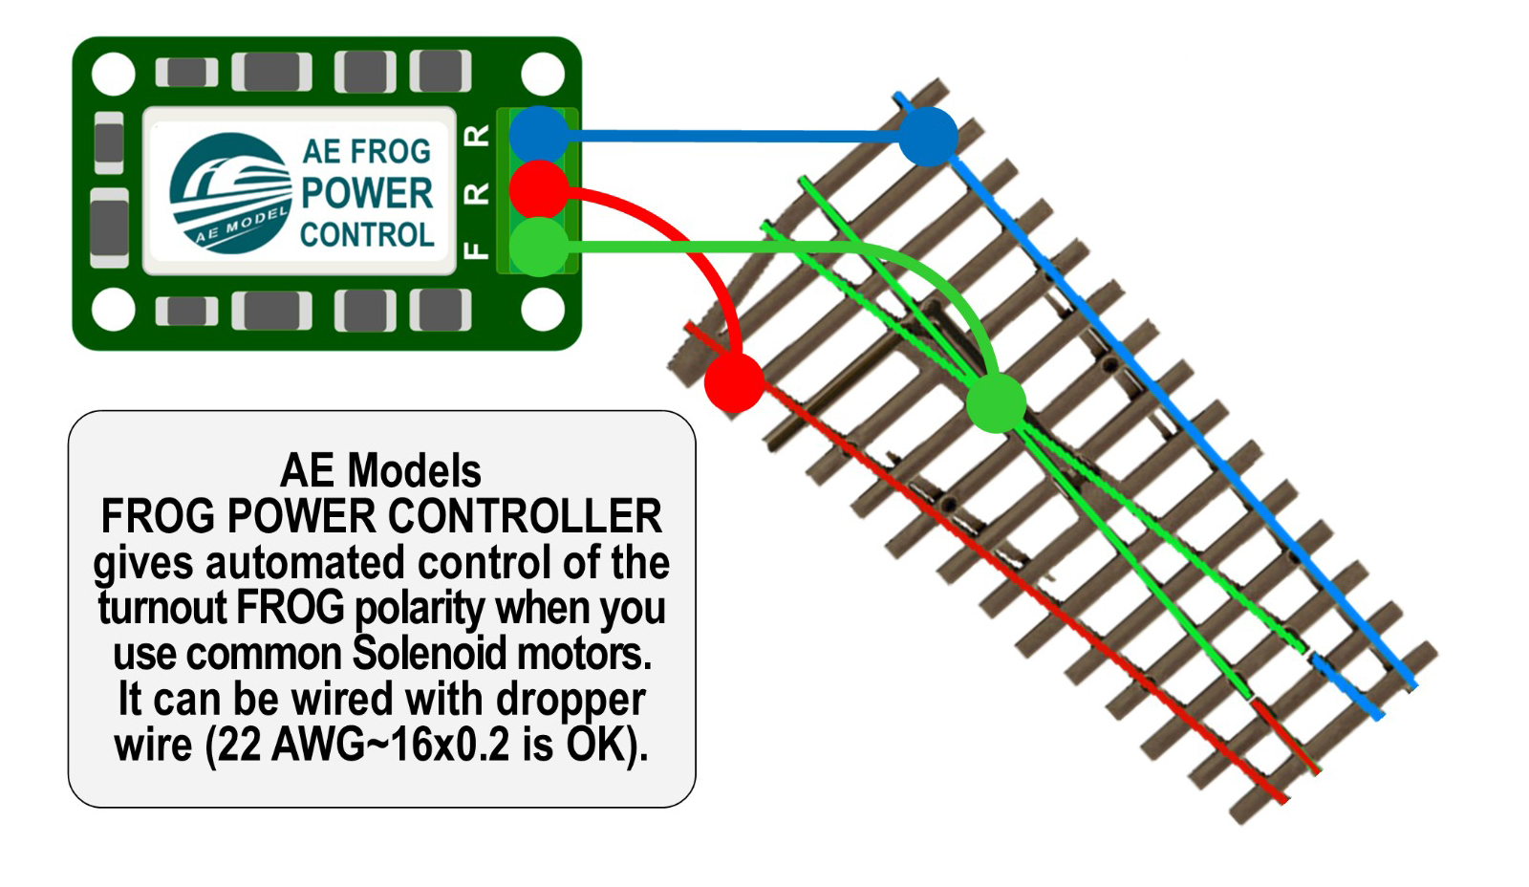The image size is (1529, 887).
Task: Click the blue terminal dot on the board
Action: pos(539,135)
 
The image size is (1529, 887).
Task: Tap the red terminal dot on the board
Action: pos(539,189)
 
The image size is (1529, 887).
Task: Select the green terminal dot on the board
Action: pos(539,247)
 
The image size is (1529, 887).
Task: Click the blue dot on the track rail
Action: pos(928,137)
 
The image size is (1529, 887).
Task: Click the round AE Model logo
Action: pos(230,193)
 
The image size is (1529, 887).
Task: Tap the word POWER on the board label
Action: pos(367,193)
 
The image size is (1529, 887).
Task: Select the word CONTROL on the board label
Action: pos(367,235)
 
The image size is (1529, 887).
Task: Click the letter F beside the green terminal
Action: pos(476,250)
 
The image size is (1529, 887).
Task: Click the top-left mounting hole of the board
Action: pos(113,75)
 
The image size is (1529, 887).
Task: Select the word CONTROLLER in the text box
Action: pos(525,517)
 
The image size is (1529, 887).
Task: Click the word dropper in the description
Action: pos(571,701)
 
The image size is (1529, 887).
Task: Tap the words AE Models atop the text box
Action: pos(380,471)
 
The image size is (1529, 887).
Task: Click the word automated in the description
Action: pos(308,563)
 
